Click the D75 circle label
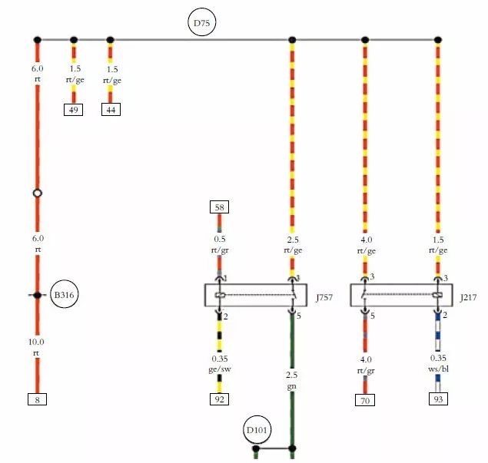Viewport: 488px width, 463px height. tap(201, 23)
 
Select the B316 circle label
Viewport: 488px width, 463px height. tap(65, 295)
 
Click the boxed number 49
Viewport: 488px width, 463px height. tap(74, 109)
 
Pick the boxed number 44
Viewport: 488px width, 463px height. tap(111, 109)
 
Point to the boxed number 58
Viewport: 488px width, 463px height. tap(219, 207)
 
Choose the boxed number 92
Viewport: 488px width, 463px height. tap(219, 399)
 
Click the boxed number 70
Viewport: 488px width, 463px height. tap(365, 399)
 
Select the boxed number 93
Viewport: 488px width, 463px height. tap(438, 399)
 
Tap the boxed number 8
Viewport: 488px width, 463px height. tap(37, 399)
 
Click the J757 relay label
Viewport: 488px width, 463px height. tap(324, 296)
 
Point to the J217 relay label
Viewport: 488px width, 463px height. tap(468, 296)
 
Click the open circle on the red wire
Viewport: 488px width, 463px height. tap(37, 193)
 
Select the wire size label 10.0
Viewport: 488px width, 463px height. tap(37, 342)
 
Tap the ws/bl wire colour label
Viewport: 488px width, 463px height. tap(438, 369)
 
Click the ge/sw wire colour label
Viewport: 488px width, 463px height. tap(219, 369)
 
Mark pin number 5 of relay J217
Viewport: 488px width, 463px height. tap(372, 316)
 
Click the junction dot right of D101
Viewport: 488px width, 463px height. tap(292, 448)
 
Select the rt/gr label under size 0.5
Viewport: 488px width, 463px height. tap(219, 250)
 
